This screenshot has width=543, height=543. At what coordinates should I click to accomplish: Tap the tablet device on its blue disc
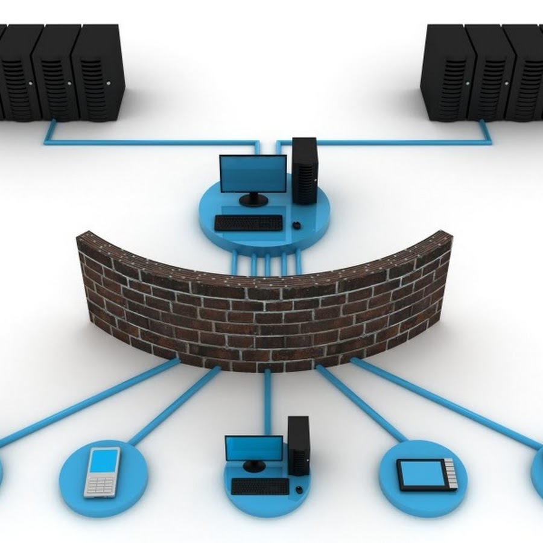coord(426,474)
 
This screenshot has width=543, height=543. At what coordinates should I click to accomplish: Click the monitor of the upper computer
coord(253,174)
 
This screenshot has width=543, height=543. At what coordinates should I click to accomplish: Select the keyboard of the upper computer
coord(249,223)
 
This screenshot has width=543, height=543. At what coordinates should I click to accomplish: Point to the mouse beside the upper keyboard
coord(296,225)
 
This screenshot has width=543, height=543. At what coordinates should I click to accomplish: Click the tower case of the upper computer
coord(304,170)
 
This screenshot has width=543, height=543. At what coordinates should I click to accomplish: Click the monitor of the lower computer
coord(254,449)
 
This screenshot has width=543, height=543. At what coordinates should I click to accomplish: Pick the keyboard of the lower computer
coord(260,486)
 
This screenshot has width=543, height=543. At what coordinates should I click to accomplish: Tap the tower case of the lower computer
coord(298,445)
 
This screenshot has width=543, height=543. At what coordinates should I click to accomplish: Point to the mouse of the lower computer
coord(299,489)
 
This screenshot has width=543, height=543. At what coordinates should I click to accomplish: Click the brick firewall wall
coord(265,308)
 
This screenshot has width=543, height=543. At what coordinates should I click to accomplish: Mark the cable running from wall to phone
coord(175,405)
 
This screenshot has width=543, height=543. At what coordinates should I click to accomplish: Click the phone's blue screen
coord(104,462)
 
